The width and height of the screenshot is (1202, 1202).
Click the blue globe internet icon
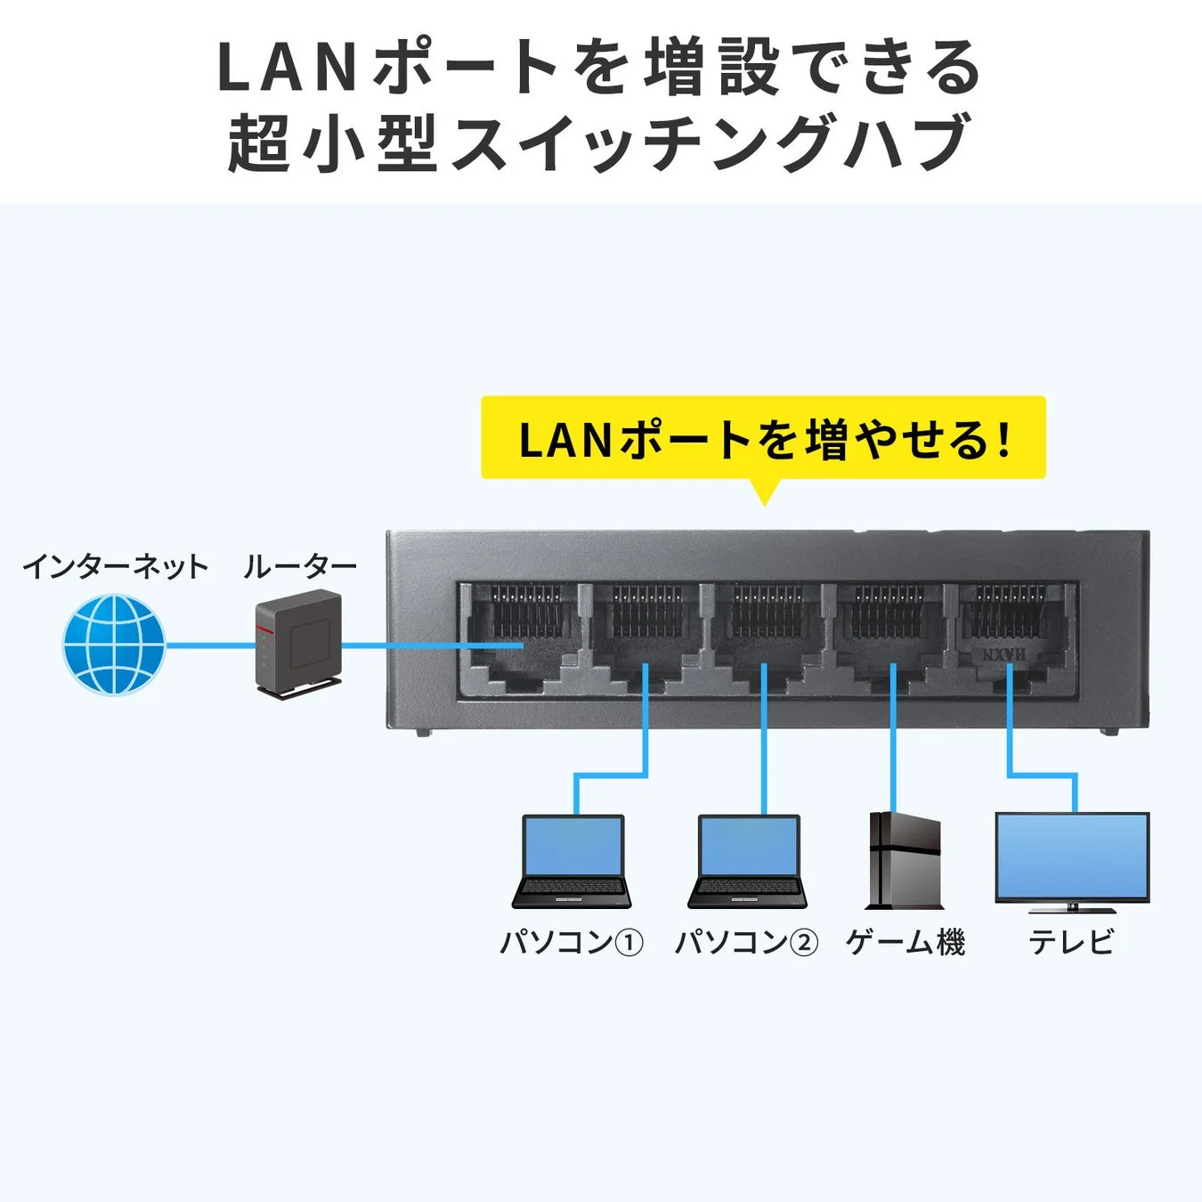114,645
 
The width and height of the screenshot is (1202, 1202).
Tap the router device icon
297,643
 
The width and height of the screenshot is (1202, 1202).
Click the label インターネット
115,566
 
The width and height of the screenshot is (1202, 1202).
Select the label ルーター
300,566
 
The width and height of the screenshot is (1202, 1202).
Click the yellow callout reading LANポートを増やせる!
763,439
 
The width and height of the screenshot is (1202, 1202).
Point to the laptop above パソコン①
572,861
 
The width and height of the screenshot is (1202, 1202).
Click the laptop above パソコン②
748,861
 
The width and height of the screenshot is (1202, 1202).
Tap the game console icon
904,861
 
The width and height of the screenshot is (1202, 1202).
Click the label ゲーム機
906,941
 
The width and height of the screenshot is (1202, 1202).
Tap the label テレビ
1072,941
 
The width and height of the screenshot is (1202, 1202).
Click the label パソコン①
572,941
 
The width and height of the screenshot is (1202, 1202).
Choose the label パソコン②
746,941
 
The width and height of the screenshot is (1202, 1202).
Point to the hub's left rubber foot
423,733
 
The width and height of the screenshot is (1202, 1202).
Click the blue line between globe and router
209,646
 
